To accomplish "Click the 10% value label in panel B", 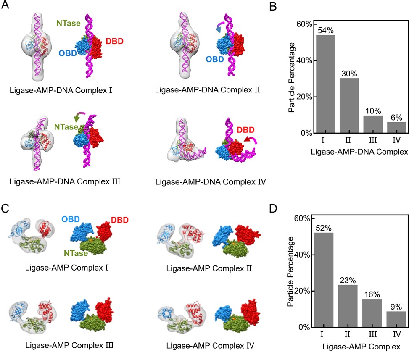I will click(x=372, y=112).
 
